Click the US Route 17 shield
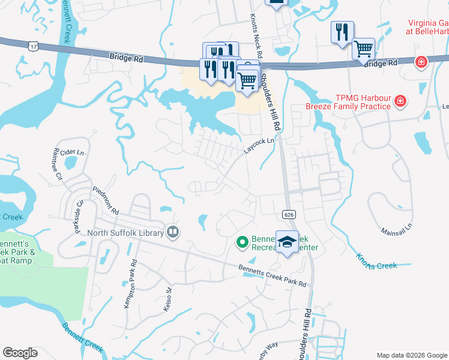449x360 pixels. pyautogui.click(x=32, y=45)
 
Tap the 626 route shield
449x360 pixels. pyautogui.click(x=286, y=214)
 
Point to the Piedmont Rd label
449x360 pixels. pyautogui.click(x=106, y=200)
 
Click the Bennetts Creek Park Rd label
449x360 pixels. pyautogui.click(x=272, y=275)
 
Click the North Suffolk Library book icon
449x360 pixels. pyautogui.click(x=173, y=232)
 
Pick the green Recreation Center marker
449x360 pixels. pyautogui.click(x=242, y=242)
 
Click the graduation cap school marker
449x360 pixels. pyautogui.click(x=288, y=241)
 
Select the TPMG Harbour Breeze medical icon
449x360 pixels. pyautogui.click(x=400, y=103)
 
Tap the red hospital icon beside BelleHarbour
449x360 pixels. pyautogui.click(x=421, y=62)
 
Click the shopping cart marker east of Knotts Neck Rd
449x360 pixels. pyautogui.click(x=363, y=49)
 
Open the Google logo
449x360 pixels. pyautogui.click(x=20, y=353)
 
